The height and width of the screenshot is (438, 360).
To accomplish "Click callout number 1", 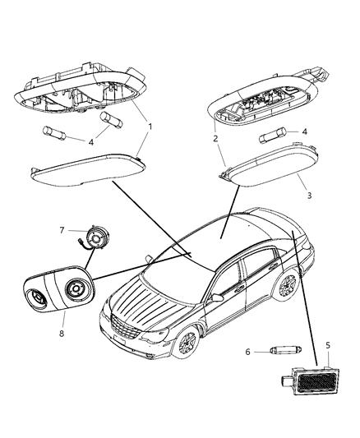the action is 150,127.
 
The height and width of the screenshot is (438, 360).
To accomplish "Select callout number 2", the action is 215,139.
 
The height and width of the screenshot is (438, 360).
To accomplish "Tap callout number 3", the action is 309,196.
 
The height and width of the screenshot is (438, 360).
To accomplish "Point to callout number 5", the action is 328,345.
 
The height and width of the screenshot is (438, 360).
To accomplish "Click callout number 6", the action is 247,352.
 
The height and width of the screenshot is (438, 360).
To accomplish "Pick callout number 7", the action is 62,230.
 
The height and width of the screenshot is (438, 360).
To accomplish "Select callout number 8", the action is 62,334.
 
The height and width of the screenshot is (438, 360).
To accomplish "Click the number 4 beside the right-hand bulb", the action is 305,131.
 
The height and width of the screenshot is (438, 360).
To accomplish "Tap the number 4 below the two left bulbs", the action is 91,142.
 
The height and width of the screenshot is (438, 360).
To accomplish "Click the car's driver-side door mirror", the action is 218,297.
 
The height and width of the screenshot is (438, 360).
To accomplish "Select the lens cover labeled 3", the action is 271,165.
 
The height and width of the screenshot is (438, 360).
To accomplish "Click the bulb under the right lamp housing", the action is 273,136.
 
